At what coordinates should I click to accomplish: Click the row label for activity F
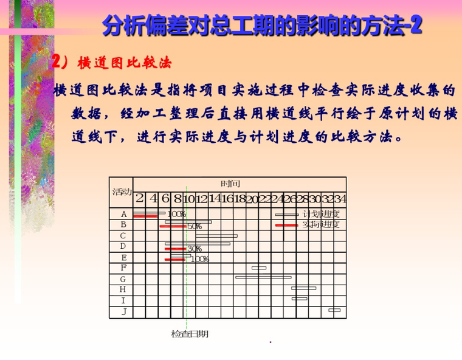[123, 268]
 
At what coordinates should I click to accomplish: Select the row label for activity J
[123, 311]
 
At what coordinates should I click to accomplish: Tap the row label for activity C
[123, 235]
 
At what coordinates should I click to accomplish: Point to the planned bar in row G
[263, 277]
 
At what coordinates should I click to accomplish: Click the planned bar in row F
[259, 268]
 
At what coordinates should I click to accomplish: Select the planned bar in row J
[334, 310]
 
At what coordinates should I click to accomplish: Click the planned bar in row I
[299, 299]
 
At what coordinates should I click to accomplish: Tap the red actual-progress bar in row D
[176, 249]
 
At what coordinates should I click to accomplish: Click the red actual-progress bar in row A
[145, 216]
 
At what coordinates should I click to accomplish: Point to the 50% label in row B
[195, 227]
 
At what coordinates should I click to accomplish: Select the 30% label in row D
[194, 249]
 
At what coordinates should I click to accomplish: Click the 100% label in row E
[199, 259]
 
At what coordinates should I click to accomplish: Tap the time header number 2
[139, 198]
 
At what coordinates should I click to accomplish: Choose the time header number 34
[340, 198]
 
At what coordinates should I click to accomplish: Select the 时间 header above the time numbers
[230, 183]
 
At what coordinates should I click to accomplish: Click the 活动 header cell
[122, 192]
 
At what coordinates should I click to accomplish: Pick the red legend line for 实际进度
[287, 225]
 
